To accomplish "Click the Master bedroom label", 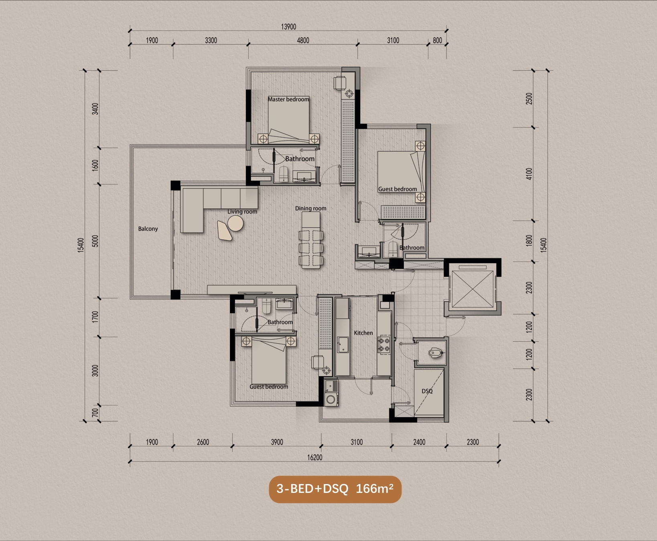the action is click(x=288, y=99).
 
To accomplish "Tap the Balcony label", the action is click(x=148, y=229).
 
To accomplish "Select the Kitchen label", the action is click(x=363, y=333).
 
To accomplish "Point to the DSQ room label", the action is click(x=427, y=391).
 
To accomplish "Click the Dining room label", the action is click(x=311, y=208).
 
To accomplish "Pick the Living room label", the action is click(x=242, y=211).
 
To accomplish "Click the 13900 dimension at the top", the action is click(x=288, y=26).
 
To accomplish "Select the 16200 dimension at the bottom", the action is click(x=315, y=457).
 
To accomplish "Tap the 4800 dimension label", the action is click(x=303, y=40).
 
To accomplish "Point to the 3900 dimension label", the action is click(x=277, y=442).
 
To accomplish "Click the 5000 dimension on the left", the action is click(x=95, y=241).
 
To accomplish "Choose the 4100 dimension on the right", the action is click(x=529, y=174).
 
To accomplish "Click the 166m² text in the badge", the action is click(x=375, y=488).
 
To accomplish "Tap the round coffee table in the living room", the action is click(x=235, y=223).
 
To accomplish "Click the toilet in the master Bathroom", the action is click(x=284, y=173).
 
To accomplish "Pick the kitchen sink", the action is click(x=343, y=345).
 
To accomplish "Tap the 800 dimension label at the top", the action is click(x=437, y=40).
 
